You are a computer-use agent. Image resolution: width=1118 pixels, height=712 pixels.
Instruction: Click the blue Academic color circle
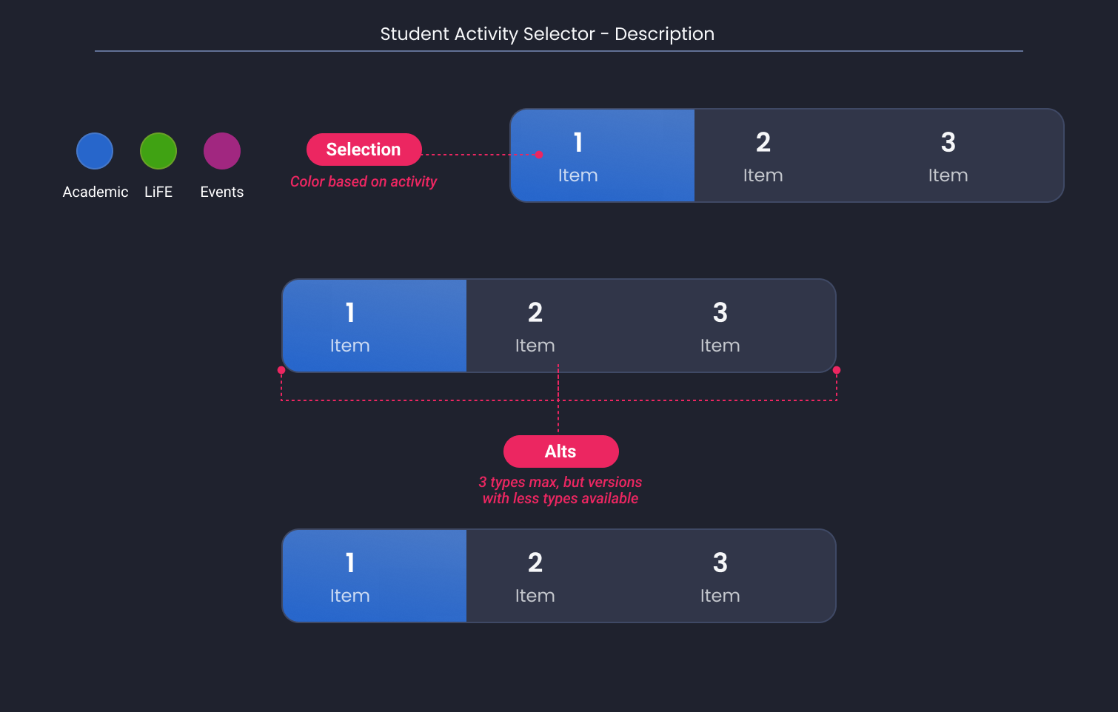coord(95,151)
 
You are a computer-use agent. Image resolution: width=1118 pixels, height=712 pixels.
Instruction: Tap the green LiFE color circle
coord(158,151)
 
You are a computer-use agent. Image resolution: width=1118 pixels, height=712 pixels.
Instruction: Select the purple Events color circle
coord(222,151)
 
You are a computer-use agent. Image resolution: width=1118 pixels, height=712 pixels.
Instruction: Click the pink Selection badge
coord(364,150)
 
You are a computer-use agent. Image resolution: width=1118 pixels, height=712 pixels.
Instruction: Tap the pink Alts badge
coord(560,451)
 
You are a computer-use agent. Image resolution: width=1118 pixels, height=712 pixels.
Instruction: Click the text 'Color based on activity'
coord(363,181)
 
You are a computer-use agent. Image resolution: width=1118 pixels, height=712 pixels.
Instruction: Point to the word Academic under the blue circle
coord(96,192)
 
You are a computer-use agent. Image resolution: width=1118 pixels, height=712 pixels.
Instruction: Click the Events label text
coord(222,192)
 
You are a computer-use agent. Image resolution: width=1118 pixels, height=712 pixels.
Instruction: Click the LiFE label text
coord(158,192)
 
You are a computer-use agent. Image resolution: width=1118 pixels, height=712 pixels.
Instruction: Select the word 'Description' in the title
coord(664,34)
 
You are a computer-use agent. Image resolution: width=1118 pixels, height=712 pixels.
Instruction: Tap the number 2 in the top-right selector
coord(763,142)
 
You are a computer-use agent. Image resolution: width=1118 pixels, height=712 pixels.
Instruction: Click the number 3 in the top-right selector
coord(948,142)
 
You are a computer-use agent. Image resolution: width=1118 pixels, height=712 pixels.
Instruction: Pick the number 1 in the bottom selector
coord(350,562)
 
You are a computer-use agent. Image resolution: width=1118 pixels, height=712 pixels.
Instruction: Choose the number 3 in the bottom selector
coord(720,562)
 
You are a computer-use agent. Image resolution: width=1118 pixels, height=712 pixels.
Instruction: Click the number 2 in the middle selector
coord(535,312)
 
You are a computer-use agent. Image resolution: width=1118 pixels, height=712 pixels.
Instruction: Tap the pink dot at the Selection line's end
coord(539,155)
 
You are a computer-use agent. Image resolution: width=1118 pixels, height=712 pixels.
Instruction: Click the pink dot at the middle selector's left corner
coord(281,370)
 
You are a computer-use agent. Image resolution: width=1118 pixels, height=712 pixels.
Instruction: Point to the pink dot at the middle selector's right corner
coord(837,370)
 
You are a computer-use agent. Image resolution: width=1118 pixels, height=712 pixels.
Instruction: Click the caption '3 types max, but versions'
coord(560,482)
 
